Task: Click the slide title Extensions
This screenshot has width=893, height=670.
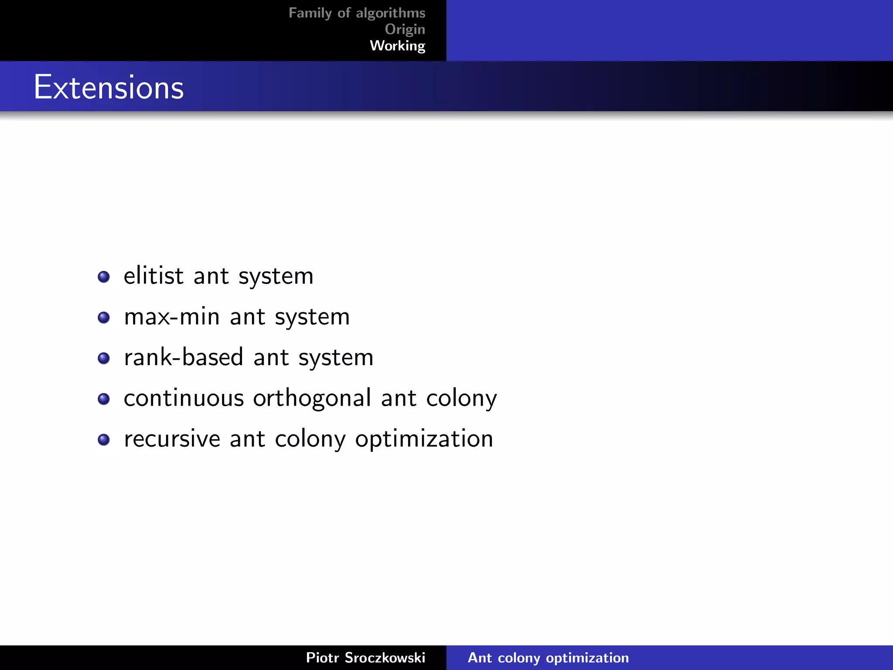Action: (x=109, y=87)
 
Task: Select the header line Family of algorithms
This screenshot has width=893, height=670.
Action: (x=357, y=13)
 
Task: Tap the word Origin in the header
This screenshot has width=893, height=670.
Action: (x=405, y=29)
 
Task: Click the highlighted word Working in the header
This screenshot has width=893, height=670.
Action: (x=397, y=45)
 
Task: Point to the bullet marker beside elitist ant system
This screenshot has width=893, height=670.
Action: (x=104, y=277)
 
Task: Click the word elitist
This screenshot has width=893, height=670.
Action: (x=153, y=276)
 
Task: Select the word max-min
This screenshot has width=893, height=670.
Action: (x=172, y=317)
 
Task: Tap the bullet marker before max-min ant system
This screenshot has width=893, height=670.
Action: (x=104, y=317)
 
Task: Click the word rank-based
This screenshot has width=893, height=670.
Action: (x=184, y=357)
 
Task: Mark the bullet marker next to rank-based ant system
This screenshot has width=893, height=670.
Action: (x=104, y=358)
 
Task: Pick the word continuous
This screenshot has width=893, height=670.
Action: (x=184, y=398)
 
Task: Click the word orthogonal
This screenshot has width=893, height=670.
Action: (x=312, y=398)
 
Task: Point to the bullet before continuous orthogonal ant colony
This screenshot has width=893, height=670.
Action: (x=104, y=399)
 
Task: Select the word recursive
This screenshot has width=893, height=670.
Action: (x=172, y=439)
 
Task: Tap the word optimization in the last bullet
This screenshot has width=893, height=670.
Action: (x=424, y=439)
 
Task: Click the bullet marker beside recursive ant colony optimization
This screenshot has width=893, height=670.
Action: (x=104, y=439)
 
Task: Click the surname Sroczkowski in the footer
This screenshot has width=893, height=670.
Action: (x=385, y=657)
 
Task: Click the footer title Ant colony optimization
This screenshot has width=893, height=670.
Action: (x=548, y=657)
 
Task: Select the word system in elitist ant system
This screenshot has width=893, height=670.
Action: (x=276, y=277)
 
